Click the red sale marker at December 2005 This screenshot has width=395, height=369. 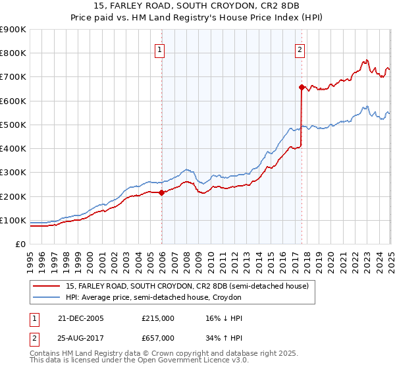click(162, 193)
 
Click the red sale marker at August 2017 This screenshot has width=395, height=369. click(302, 87)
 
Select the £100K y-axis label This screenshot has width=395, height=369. click(13, 220)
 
